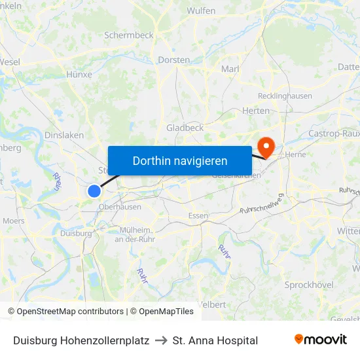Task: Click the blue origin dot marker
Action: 94,191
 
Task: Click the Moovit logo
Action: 321,340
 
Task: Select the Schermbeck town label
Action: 128,35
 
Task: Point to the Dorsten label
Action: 174,60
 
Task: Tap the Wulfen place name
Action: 202,11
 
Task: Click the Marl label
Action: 230,69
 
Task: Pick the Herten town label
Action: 256,111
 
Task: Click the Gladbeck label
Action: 185,128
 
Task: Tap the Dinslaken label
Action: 64,135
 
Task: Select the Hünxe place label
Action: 79,75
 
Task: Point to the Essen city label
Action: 198,215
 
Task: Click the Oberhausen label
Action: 120,207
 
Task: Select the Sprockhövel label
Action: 309,285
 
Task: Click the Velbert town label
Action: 212,305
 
